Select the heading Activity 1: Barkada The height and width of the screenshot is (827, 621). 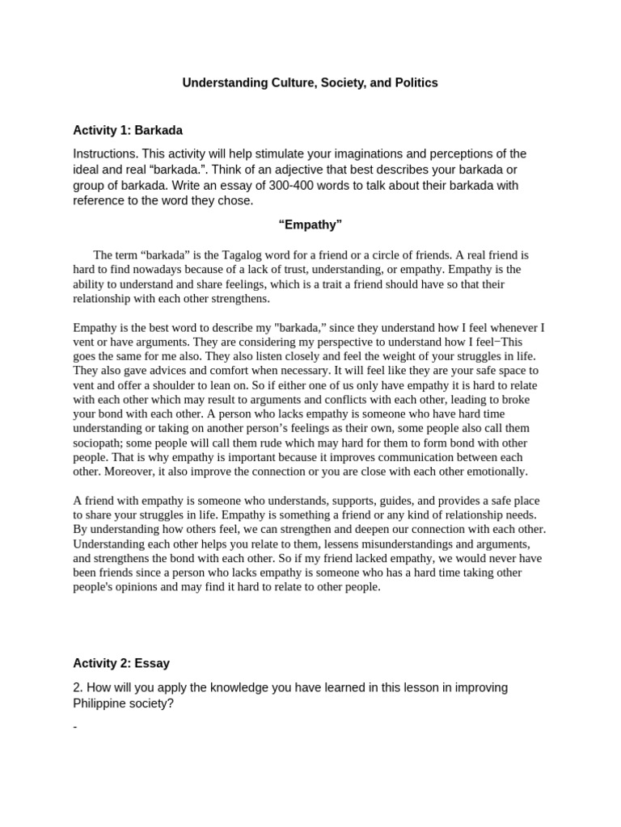coord(128,130)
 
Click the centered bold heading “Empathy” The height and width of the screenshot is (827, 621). coord(310,225)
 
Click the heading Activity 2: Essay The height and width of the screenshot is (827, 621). coord(121,664)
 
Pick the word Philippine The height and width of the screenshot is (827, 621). coord(103,703)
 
